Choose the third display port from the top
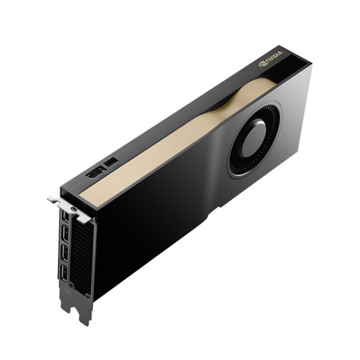[x=62, y=258]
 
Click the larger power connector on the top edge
[x=95, y=173]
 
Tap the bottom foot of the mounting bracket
[x=83, y=315]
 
